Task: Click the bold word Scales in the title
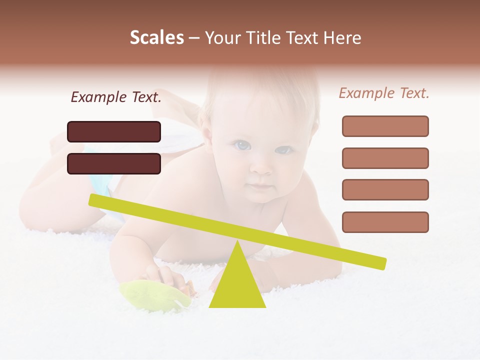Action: point(156,37)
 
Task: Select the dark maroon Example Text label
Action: point(116,97)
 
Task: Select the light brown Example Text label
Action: point(384,93)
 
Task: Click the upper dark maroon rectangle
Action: point(114,131)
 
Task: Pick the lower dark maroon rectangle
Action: point(114,163)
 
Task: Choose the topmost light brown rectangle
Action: point(385,126)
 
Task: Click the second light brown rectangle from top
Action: point(385,158)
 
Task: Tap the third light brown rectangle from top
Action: point(385,189)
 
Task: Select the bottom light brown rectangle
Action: point(385,222)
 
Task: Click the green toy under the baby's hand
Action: point(152,295)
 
